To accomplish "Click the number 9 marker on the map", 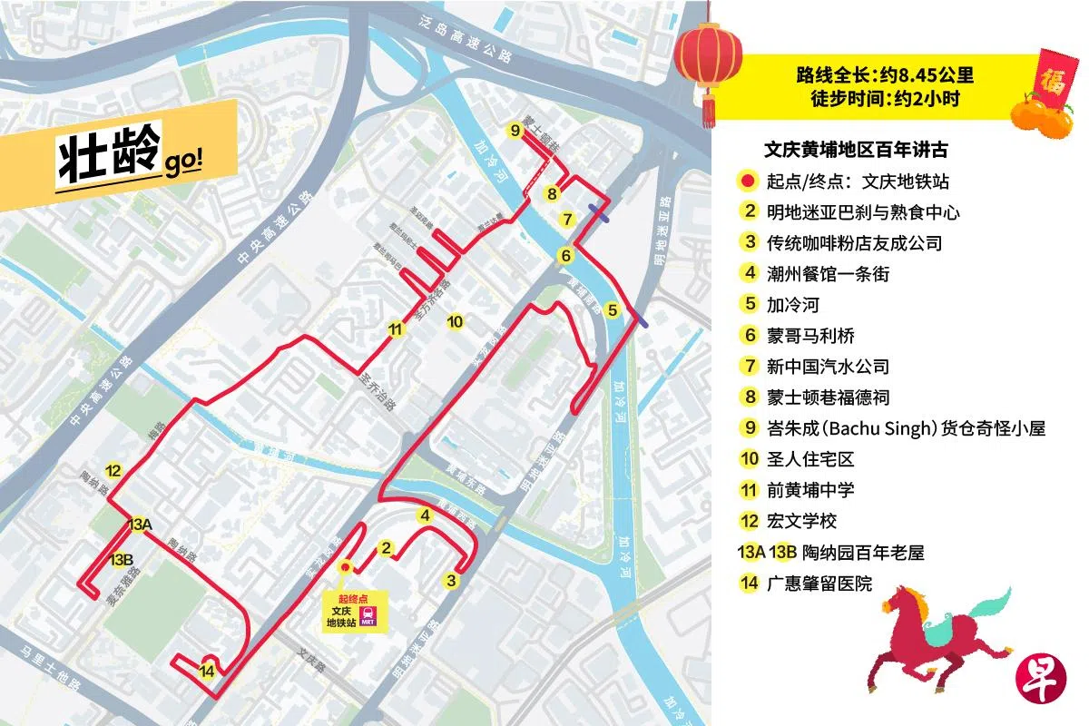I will [x=515, y=131].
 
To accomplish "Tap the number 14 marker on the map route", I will [x=207, y=671].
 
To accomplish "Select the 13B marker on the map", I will [x=122, y=560].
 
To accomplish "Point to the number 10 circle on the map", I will [x=456, y=321].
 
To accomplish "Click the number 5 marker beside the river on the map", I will [x=613, y=309].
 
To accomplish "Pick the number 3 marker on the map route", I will [x=450, y=580].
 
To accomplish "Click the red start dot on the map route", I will [x=344, y=567].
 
